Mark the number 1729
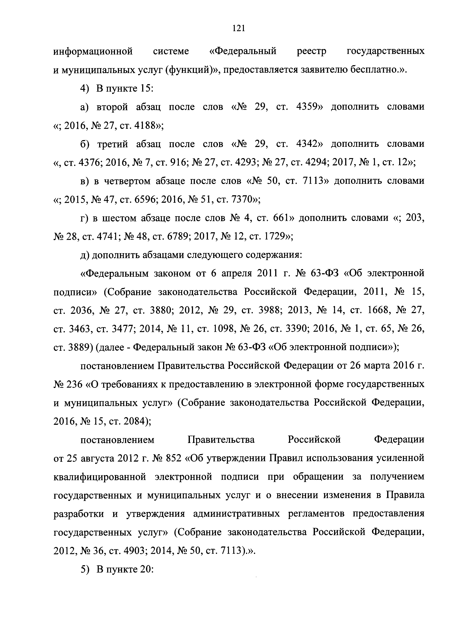pos(275,237)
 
